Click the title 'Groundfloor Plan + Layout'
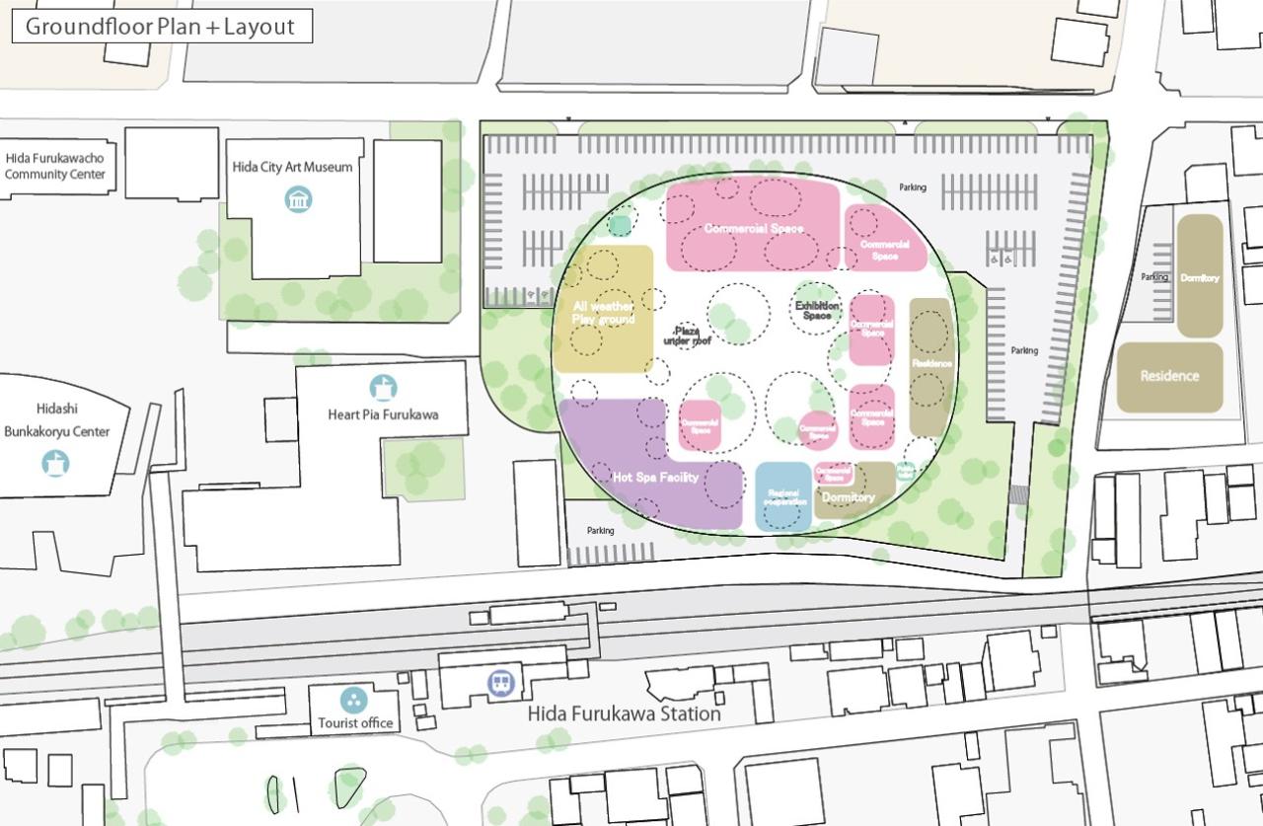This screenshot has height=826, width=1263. click(x=161, y=27)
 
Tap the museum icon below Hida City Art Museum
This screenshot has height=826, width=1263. click(x=297, y=199)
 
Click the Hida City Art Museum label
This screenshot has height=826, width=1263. click(x=292, y=167)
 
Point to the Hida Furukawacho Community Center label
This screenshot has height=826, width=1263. click(x=54, y=166)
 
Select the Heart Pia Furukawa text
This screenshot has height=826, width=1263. click(x=383, y=414)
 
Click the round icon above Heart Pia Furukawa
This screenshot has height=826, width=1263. click(x=383, y=388)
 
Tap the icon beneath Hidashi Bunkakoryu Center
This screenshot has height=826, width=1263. click(x=55, y=462)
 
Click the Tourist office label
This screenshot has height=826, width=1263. click(x=355, y=723)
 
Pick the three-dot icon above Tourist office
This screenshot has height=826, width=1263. click(x=353, y=700)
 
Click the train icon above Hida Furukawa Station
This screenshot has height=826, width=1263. click(x=501, y=683)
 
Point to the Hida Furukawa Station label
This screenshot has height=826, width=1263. click(x=624, y=713)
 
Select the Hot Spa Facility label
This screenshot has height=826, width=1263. click(x=655, y=478)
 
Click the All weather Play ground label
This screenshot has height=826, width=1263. click(x=603, y=313)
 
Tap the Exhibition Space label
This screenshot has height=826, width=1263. click(x=817, y=311)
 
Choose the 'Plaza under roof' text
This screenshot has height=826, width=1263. click(x=687, y=337)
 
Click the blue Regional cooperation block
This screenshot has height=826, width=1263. click(x=782, y=496)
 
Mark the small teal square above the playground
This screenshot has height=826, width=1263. click(x=620, y=226)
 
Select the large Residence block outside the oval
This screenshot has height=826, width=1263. click(x=1169, y=376)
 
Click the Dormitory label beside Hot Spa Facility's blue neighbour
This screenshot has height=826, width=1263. click(x=848, y=496)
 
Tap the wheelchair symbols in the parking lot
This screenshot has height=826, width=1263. click(x=1001, y=259)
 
